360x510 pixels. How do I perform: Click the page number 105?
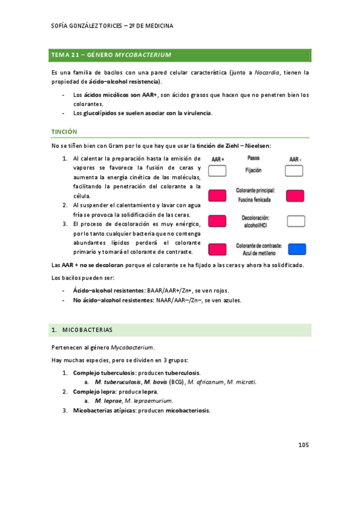tap(304, 446)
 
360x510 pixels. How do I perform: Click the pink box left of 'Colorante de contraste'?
tap(217, 248)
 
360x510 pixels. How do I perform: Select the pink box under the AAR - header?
tap(295, 195)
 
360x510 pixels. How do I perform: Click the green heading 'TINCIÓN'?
tap(65, 131)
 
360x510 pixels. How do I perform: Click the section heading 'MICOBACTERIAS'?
tap(90, 330)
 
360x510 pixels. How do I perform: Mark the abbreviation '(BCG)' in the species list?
tap(175, 382)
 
